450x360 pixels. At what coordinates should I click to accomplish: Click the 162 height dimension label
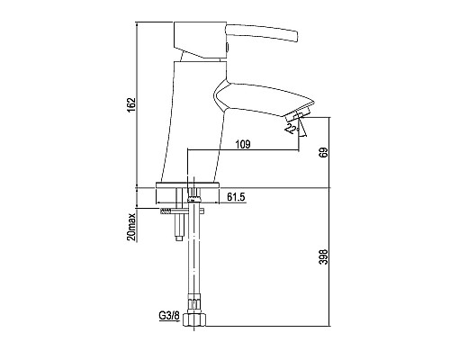(x=131, y=105)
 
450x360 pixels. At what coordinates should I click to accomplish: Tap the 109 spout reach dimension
(x=243, y=145)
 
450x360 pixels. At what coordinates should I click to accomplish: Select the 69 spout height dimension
(x=324, y=152)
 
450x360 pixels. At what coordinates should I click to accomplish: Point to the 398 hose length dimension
(x=324, y=256)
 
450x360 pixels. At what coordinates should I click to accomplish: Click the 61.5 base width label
(x=236, y=197)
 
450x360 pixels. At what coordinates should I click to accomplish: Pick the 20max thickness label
(x=131, y=227)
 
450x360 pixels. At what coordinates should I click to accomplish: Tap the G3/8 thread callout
(x=169, y=316)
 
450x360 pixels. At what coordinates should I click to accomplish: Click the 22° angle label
(x=292, y=128)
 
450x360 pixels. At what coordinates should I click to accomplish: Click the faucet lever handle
(x=262, y=32)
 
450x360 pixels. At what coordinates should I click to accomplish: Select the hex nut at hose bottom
(x=194, y=319)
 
